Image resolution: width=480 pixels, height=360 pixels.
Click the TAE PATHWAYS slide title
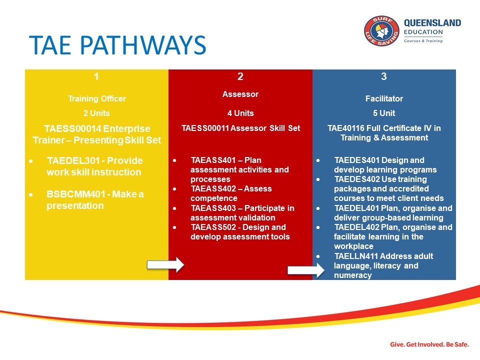tap(117, 45)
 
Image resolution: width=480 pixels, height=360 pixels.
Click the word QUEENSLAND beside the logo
tap(432, 23)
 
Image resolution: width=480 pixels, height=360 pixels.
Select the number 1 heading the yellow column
tap(96, 76)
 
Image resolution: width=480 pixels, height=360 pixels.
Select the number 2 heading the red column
tap(240, 76)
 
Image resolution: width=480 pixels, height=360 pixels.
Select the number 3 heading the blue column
tap(384, 76)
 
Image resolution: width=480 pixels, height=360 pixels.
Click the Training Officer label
tap(96, 99)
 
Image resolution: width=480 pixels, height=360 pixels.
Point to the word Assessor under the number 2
tap(240, 93)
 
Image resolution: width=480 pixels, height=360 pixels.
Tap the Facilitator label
tap(384, 99)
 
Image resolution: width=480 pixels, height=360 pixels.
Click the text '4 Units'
tap(240, 113)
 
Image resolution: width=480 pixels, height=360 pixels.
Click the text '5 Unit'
tap(384, 113)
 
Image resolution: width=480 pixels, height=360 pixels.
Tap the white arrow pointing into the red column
tap(165, 265)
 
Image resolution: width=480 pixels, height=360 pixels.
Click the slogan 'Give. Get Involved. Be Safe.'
tap(429, 344)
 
